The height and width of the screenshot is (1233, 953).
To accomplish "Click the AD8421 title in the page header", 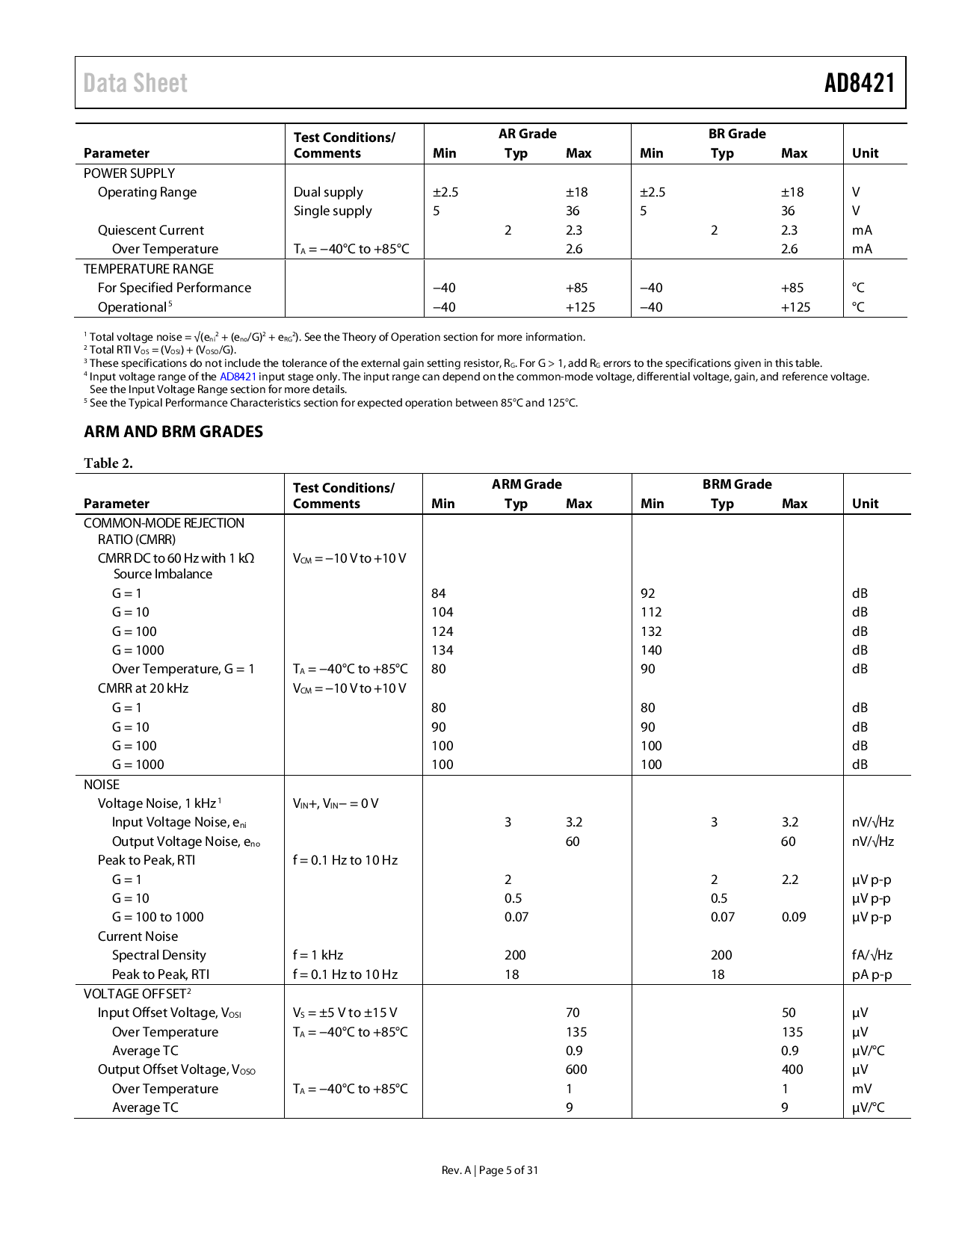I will (859, 83).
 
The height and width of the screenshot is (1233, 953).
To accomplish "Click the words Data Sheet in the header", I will (135, 83).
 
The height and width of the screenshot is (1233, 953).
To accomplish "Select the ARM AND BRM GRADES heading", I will (173, 432).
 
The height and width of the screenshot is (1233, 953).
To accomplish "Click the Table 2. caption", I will (108, 463).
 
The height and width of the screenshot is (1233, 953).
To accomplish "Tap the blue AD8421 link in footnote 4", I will (238, 377).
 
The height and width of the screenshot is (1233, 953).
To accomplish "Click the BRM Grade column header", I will (736, 484).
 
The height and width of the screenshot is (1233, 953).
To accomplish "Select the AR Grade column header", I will (527, 134).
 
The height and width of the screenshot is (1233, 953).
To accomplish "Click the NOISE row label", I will (102, 785).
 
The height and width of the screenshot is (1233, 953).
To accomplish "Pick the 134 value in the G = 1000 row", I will (442, 650).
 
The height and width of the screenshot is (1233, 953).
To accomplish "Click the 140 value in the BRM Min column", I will (651, 650).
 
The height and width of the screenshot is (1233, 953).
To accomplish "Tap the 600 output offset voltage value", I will (576, 1069).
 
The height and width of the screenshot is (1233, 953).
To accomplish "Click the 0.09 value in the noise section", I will (794, 917).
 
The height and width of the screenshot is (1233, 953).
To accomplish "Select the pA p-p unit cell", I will (872, 974).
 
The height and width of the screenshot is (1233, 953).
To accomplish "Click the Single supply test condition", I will (333, 211).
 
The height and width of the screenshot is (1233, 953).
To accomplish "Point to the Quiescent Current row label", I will (151, 230).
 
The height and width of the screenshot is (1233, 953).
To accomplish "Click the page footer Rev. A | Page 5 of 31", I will (490, 1170).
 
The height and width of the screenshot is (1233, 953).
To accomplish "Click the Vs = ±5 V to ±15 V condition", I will (345, 1013).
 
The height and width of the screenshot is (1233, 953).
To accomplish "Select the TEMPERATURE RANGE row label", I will (149, 269).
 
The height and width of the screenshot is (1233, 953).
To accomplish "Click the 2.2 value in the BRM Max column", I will (790, 880).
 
